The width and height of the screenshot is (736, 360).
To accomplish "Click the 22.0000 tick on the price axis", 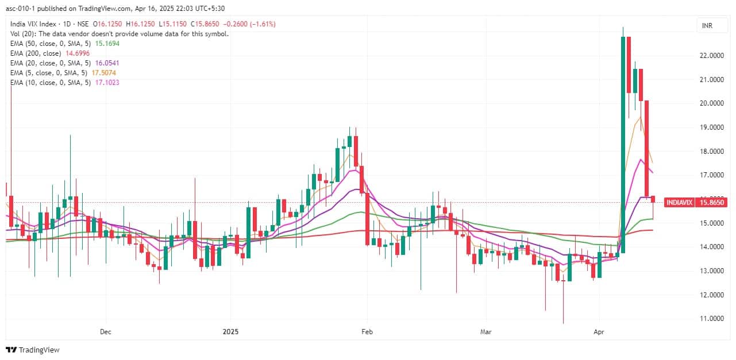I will click(x=710, y=56).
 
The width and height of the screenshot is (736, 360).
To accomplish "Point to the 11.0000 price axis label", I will click(x=710, y=319).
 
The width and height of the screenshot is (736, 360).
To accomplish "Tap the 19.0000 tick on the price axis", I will click(x=710, y=127).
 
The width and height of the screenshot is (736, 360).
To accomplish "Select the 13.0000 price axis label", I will click(x=710, y=271).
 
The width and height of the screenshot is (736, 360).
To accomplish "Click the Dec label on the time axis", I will click(x=105, y=332).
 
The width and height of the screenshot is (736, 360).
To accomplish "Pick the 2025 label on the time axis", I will click(x=230, y=332).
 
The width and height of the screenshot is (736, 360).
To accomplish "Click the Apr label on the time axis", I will click(x=599, y=332).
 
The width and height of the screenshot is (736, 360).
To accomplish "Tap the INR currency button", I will click(x=707, y=25).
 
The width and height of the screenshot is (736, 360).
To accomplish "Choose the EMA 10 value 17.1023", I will click(x=108, y=82).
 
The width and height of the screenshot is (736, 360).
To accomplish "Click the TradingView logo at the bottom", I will click(x=33, y=350).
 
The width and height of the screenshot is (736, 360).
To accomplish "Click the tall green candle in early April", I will click(x=622, y=144).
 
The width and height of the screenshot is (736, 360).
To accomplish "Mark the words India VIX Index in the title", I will click(x=33, y=24).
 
